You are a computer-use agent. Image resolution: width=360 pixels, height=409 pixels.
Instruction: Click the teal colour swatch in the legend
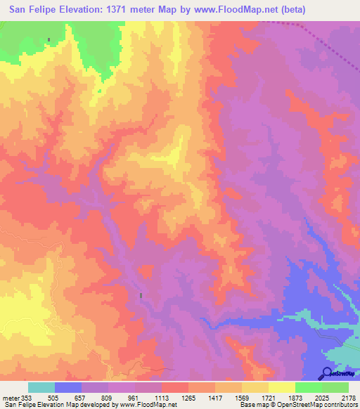(41, 387)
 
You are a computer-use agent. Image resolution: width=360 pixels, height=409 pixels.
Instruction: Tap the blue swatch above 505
(68, 387)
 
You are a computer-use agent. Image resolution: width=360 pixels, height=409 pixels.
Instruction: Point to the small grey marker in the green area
(49, 40)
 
